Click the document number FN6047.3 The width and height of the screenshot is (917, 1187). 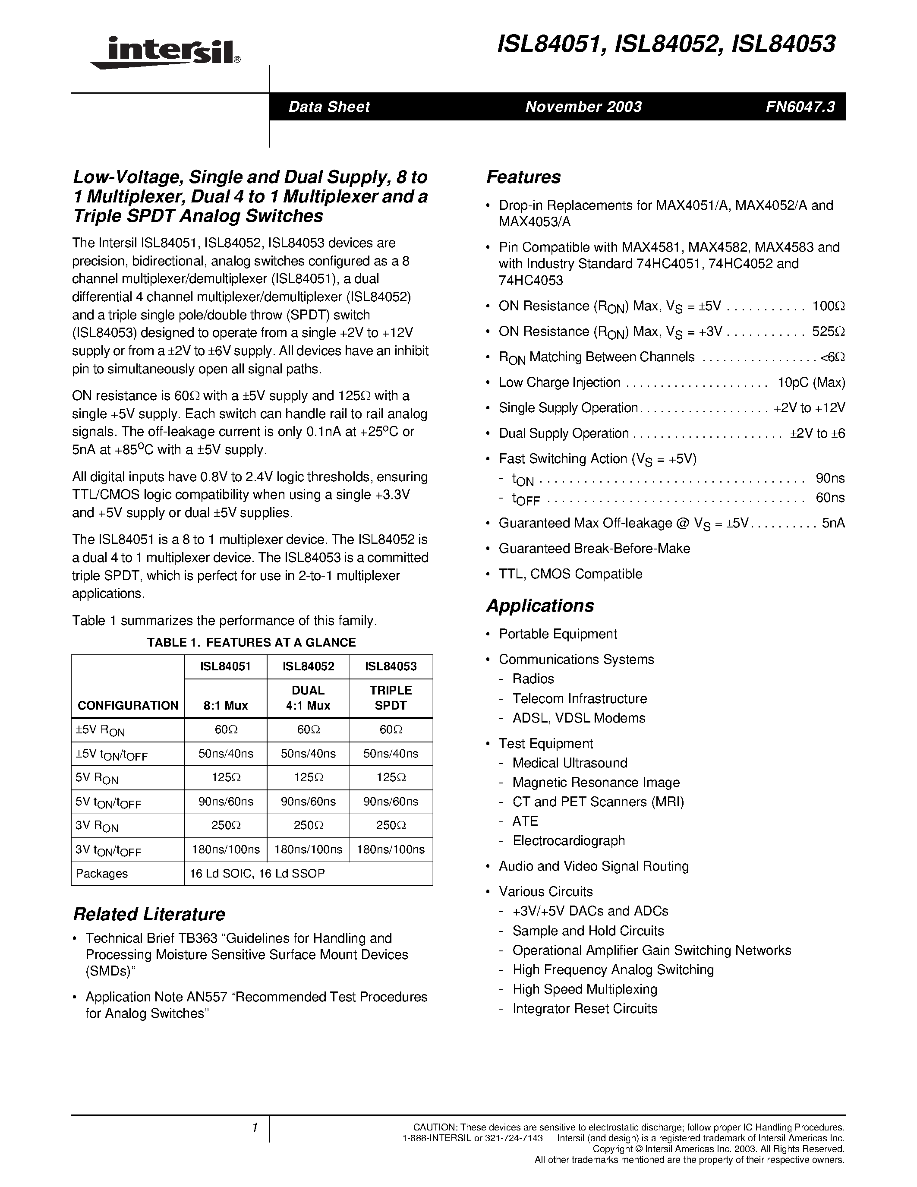click(x=800, y=107)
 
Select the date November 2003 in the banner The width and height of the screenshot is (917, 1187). click(x=583, y=107)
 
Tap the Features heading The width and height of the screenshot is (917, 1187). click(x=523, y=177)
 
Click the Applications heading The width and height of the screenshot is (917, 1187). click(x=540, y=606)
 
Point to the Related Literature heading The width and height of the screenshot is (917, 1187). click(x=149, y=914)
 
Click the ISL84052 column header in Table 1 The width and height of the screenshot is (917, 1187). click(x=308, y=666)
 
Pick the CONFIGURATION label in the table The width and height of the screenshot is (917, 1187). click(x=128, y=705)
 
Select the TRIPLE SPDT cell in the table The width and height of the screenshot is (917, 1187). click(x=391, y=698)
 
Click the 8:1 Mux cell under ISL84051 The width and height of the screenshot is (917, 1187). click(x=225, y=705)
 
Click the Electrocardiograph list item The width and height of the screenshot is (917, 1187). click(x=568, y=841)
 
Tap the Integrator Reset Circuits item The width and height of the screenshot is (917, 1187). click(x=585, y=1009)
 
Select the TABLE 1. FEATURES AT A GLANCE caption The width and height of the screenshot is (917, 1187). click(x=251, y=642)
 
